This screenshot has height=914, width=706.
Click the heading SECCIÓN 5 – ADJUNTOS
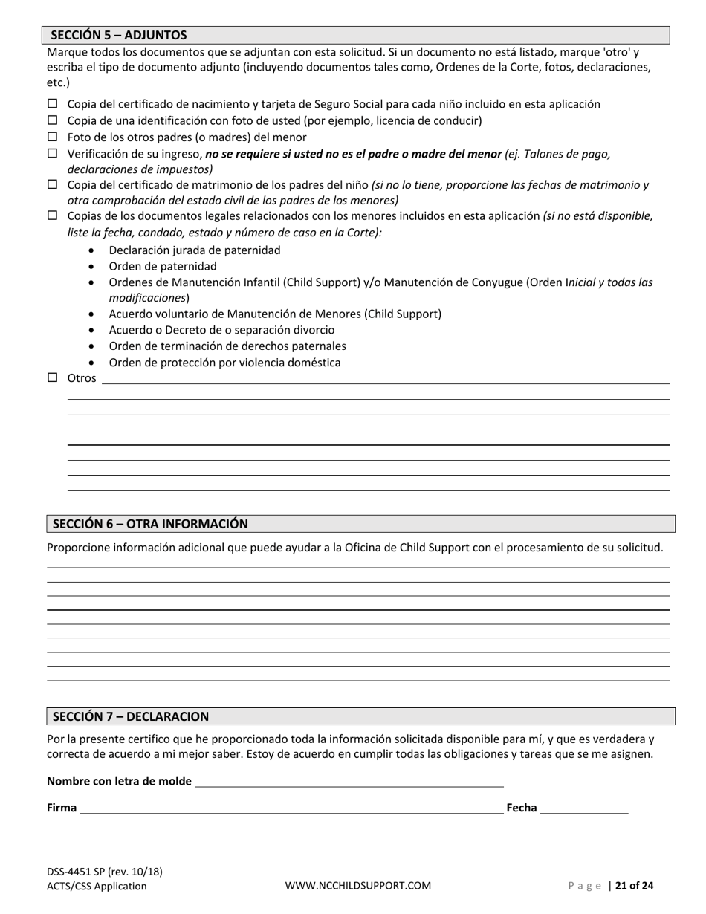[x=119, y=35]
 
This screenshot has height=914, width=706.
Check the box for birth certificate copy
[x=53, y=104]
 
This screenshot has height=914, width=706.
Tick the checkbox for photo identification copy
[x=53, y=120]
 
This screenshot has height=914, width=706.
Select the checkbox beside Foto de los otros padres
[x=53, y=137]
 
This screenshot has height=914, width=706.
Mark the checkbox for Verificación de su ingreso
[x=53, y=154]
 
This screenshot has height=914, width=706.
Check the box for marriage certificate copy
[x=53, y=184]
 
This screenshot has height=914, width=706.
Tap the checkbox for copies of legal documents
[x=53, y=215]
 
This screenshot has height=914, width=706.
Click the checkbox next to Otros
[x=53, y=377]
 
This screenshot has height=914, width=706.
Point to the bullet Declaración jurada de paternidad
[x=195, y=250]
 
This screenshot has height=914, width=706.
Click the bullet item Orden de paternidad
[x=163, y=266]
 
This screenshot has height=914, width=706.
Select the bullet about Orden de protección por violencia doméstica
[x=224, y=363]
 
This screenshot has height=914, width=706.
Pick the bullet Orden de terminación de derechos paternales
[x=227, y=346]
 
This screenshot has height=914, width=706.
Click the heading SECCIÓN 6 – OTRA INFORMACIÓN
[x=150, y=524]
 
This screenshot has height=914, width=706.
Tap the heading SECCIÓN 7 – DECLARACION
[x=131, y=716]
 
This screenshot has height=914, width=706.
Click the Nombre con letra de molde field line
[x=349, y=781]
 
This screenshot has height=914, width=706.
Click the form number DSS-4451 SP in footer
[x=105, y=872]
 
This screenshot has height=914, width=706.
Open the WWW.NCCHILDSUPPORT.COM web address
[x=357, y=886]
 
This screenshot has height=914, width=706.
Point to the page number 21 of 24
[x=635, y=886]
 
